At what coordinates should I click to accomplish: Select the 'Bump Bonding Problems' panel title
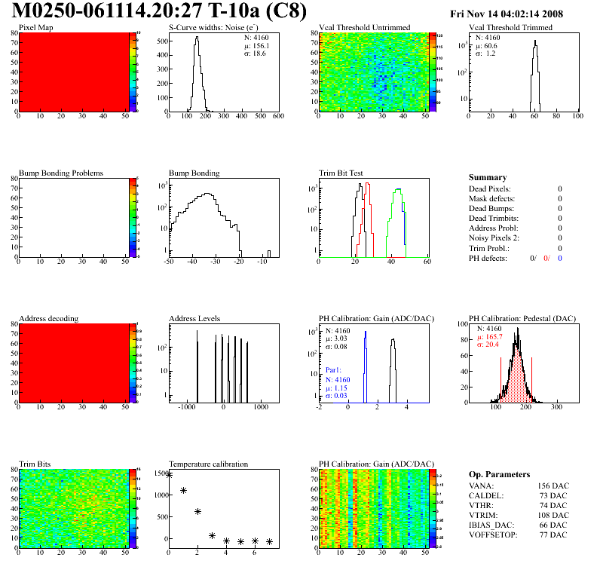pyautogui.click(x=60, y=173)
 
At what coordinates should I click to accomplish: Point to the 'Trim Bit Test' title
pyautogui.click(x=341, y=173)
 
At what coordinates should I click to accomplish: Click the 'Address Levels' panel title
pyautogui.click(x=194, y=318)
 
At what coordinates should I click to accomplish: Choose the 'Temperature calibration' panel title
pyautogui.click(x=208, y=464)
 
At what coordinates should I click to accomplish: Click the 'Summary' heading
pyautogui.click(x=487, y=178)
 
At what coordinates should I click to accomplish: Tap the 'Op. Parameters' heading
pyautogui.click(x=499, y=474)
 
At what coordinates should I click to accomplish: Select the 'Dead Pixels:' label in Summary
pyautogui.click(x=489, y=188)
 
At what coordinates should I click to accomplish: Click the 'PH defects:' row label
pyautogui.click(x=488, y=258)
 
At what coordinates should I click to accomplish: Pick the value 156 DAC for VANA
pyautogui.click(x=552, y=486)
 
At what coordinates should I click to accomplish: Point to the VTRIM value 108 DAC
pyautogui.click(x=552, y=516)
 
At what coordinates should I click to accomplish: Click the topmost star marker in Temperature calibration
pyautogui.click(x=169, y=475)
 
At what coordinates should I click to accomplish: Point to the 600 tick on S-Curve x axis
pyautogui.click(x=278, y=117)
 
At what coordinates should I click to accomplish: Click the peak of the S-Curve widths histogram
pyautogui.click(x=197, y=38)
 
